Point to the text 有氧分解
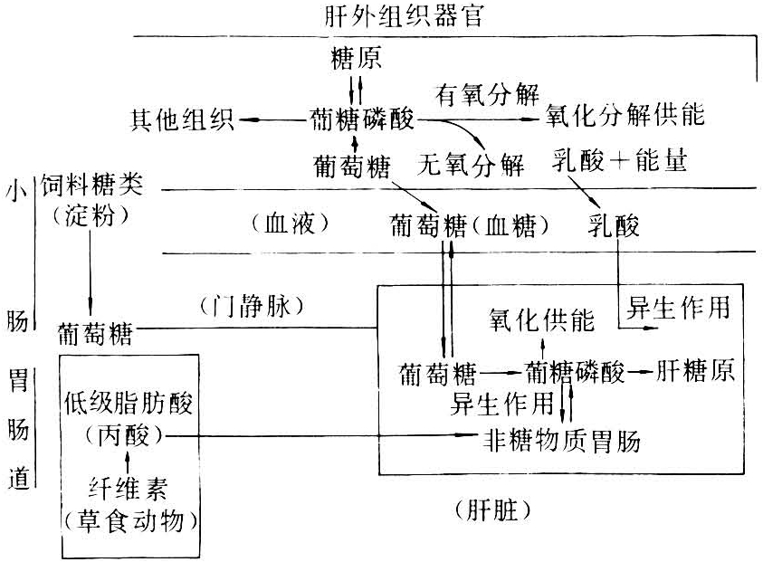coord(488,94)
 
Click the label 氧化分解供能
coord(625,118)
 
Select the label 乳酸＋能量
coord(619,164)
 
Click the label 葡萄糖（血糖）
coord(471,224)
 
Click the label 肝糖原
coord(693,371)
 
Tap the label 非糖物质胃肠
coord(561,441)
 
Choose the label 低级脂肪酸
coord(128,404)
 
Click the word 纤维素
coord(128,493)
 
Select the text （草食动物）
coord(128,523)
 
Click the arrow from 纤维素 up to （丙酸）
coord(128,463)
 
